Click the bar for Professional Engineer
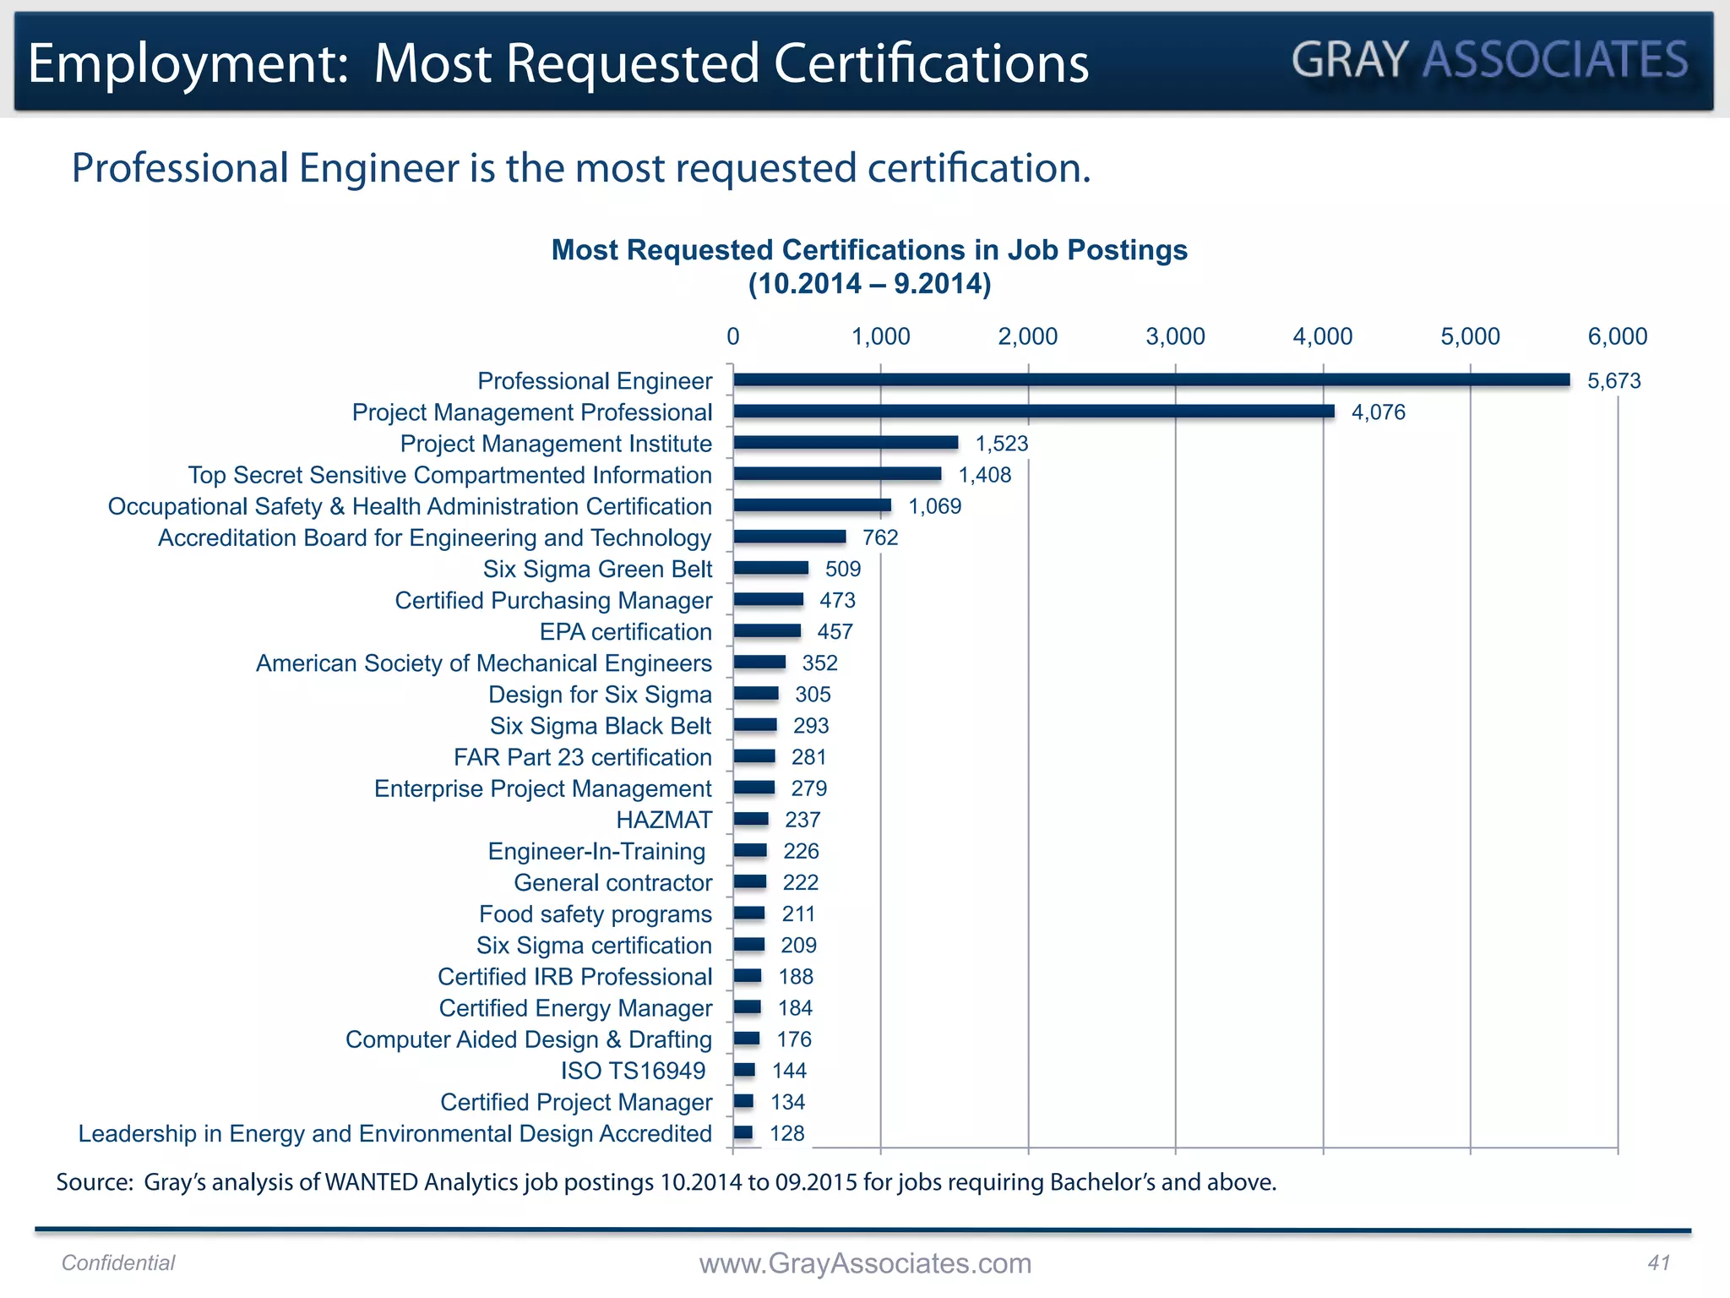[1151, 380]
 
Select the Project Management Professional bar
[1034, 412]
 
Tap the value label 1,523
[1002, 444]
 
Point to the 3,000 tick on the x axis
[1175, 336]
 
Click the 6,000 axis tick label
[1617, 336]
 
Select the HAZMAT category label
[664, 820]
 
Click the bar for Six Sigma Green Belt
[770, 568]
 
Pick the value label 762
[880, 537]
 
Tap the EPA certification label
[625, 632]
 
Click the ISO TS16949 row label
[633, 1071]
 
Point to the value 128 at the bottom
[787, 1133]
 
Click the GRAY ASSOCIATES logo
[1490, 60]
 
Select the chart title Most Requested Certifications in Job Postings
[869, 250]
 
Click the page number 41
[1658, 1263]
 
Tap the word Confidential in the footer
[118, 1263]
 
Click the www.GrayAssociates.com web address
[865, 1263]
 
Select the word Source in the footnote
[94, 1181]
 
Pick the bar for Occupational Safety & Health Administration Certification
[812, 505]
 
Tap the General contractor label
[612, 883]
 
